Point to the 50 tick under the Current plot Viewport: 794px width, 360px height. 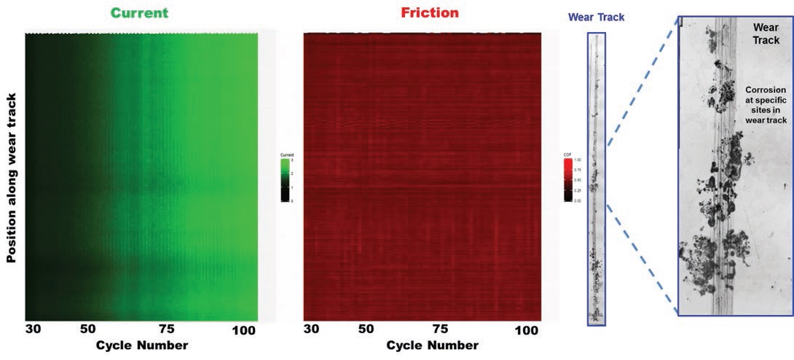[x=89, y=329]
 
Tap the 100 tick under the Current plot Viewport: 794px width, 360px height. [x=244, y=329]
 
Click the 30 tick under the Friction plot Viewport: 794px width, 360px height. [x=312, y=329]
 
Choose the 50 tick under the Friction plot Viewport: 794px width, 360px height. [x=366, y=329]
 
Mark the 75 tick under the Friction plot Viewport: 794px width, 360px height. [x=440, y=329]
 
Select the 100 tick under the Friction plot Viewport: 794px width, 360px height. [x=526, y=329]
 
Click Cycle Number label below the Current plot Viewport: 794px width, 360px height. [x=142, y=345]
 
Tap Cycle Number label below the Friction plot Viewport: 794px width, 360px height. [x=433, y=345]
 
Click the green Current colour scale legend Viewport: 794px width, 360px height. [x=286, y=179]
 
